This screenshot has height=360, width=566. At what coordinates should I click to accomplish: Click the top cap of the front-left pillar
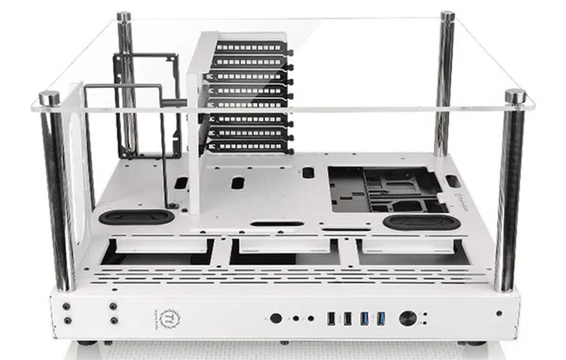coord(50,97)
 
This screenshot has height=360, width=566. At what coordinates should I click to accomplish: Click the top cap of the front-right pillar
coord(515,96)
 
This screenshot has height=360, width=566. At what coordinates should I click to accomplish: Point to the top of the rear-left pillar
coord(124,16)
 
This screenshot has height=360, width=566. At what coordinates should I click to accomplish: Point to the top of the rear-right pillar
coord(447,16)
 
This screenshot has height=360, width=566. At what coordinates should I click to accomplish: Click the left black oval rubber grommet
coord(137,216)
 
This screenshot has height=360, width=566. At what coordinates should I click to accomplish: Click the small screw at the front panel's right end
coord(497,314)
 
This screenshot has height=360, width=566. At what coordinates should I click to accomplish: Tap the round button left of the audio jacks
coord(276,318)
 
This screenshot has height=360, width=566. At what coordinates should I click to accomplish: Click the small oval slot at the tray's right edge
coord(453,181)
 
